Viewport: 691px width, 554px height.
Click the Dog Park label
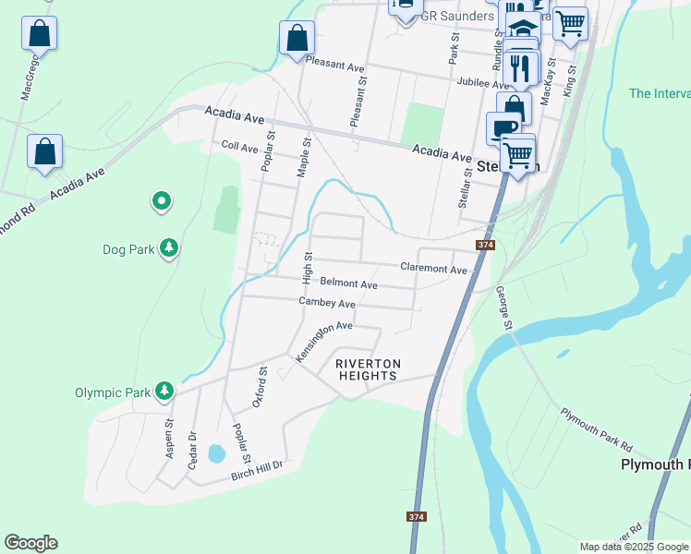coord(127,249)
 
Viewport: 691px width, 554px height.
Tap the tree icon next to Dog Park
coord(169,247)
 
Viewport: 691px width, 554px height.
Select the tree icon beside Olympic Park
coord(164,391)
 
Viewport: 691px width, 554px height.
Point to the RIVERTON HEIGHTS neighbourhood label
coord(367,369)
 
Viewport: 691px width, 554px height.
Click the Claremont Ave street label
coord(434,269)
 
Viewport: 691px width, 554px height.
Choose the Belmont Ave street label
coord(349,284)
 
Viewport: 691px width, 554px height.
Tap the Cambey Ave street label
coord(327,303)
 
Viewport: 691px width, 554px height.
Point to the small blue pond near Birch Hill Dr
coord(216,452)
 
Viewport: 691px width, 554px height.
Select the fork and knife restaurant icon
coord(520,68)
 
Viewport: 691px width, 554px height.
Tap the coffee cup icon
coord(504,127)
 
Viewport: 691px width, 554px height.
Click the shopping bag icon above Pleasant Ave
coord(297,38)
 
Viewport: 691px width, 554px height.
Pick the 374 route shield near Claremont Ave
coord(485,245)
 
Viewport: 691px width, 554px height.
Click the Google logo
coord(30,543)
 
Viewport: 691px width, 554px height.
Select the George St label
coord(504,307)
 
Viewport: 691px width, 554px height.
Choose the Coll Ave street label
coord(240,147)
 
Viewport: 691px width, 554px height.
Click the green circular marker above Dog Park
coord(162,199)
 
